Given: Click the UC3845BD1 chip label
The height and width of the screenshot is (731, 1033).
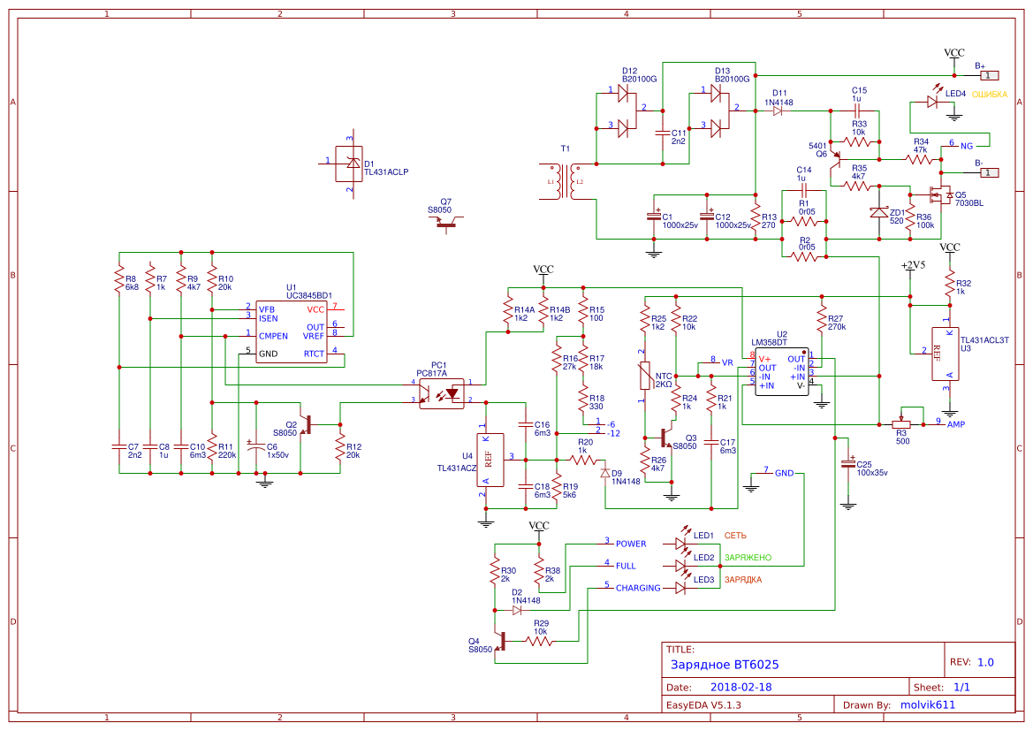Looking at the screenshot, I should (x=308, y=295).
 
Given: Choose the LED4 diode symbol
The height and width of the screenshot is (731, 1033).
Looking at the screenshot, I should (x=931, y=102).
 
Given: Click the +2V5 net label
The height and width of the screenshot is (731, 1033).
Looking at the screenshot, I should (x=912, y=265).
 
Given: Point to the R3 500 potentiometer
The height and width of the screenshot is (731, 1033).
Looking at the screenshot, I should (x=901, y=423).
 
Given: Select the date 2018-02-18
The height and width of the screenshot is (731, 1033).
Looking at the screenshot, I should (x=741, y=687).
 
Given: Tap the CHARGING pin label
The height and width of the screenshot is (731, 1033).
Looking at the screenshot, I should (x=637, y=588).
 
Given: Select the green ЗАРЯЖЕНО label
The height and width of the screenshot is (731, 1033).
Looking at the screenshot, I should (x=748, y=558).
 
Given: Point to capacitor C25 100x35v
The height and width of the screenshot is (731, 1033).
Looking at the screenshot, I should (x=848, y=464).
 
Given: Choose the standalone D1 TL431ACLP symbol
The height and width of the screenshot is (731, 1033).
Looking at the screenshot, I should (x=350, y=164).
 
